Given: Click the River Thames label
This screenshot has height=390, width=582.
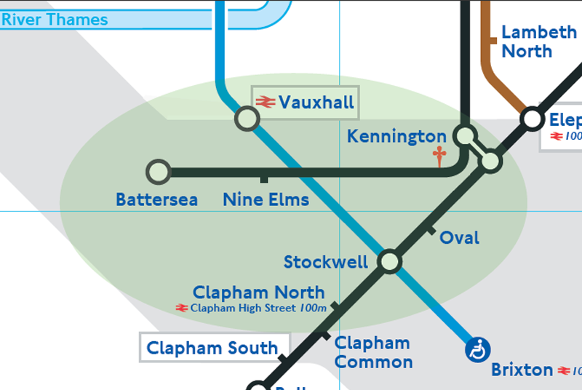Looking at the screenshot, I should click(x=55, y=19).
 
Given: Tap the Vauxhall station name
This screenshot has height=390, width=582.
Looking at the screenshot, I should click(x=316, y=103).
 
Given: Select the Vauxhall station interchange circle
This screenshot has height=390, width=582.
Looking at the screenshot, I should click(x=247, y=118).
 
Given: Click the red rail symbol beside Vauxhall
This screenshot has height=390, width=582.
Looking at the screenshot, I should click(x=265, y=103).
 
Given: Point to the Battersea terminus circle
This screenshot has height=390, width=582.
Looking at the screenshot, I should click(x=158, y=172).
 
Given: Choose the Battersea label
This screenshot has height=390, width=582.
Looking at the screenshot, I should click(x=156, y=199).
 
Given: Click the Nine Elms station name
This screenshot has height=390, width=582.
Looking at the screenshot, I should click(x=266, y=199).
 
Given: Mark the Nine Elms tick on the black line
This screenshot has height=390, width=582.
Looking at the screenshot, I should click(x=263, y=178).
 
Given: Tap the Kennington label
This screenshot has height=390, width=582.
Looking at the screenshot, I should click(x=396, y=136).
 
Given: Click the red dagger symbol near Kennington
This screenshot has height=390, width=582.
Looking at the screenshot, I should click(x=439, y=156).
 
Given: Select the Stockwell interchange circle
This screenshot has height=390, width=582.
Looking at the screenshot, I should click(x=390, y=261).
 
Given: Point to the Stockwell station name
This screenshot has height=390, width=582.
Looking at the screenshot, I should click(x=325, y=262).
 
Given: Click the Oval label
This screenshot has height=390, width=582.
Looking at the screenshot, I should click(x=459, y=238).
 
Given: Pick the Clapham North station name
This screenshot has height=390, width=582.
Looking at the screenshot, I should click(x=258, y=292).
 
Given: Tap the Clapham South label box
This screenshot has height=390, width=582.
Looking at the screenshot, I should click(x=214, y=348).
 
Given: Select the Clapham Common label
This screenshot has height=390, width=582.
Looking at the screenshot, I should click(x=372, y=352).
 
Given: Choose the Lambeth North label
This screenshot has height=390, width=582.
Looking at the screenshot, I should click(x=538, y=41).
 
